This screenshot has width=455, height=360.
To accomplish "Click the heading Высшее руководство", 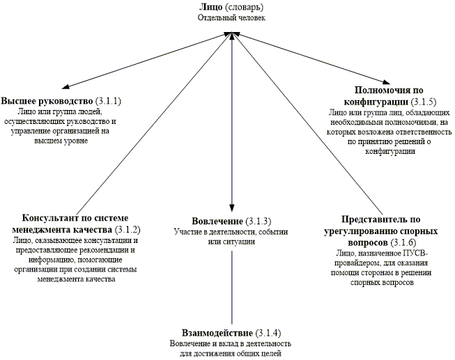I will pos(45,102).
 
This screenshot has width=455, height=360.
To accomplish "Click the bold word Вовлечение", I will pos(214,221).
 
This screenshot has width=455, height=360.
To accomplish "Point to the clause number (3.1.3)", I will pos(255,221).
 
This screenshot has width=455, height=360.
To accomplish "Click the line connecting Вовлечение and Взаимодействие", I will pos(231,285).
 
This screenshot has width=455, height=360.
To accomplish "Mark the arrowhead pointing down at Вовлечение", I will pos(231,208).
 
